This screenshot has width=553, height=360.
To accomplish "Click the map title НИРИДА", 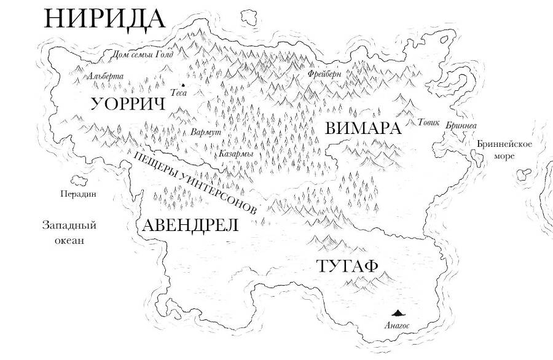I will tap(105, 19).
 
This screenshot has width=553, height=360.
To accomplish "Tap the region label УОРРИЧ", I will tap(128, 103).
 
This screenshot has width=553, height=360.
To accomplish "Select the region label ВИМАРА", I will tap(363, 128).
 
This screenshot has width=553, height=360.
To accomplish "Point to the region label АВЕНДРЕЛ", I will tap(190, 225).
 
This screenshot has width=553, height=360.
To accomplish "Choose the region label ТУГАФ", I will tap(347, 267).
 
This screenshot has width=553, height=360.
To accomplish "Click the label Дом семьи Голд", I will tap(143, 55).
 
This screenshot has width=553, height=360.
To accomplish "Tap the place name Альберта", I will tap(106, 77).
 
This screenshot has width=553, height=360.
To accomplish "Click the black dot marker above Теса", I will tap(182, 85).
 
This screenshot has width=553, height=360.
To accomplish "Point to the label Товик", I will tap(429, 122).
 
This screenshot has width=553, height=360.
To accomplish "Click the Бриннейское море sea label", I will tap(504, 150).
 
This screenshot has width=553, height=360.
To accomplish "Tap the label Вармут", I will tap(206, 132).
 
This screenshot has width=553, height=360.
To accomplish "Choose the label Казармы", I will tap(236, 154).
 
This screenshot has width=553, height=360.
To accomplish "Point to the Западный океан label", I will tap(69, 233).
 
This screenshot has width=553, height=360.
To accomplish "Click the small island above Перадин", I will tap(80, 180).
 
